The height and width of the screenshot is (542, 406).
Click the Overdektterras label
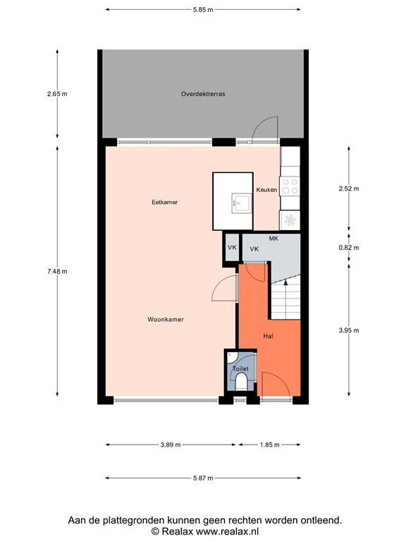202,93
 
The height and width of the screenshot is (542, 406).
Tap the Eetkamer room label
164,203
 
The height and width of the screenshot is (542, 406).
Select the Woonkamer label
166,320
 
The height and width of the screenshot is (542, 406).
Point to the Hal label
269,336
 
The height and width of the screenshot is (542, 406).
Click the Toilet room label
240,369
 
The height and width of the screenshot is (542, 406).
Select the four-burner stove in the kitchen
290,186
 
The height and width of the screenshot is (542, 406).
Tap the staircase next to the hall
287,300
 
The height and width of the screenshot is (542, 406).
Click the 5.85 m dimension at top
203,10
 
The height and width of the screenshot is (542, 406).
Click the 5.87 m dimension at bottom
203,478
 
